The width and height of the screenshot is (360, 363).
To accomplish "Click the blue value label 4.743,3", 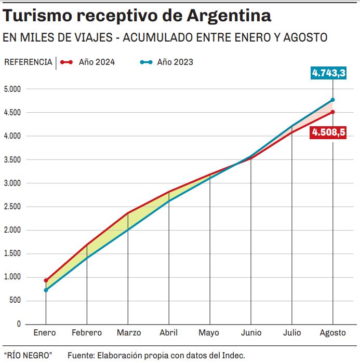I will click(x=329, y=73).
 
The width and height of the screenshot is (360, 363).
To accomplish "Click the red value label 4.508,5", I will click(x=328, y=132).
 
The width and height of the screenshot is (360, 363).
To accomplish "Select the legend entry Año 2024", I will click(x=97, y=62).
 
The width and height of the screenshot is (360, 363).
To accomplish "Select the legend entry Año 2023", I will click(x=175, y=62).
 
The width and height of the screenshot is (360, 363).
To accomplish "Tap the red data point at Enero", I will click(x=46, y=280).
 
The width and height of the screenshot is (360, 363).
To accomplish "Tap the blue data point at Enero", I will click(x=46, y=290).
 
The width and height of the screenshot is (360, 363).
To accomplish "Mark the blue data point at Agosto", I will click(x=332, y=100).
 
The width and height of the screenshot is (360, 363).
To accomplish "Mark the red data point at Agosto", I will click(x=332, y=112).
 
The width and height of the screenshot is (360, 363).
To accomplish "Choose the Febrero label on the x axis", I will click(x=87, y=333).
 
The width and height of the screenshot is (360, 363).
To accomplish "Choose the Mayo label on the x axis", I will click(x=209, y=333).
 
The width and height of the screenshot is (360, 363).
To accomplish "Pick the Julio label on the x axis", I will click(x=291, y=333).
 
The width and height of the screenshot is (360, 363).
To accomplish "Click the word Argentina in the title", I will click(x=229, y=16).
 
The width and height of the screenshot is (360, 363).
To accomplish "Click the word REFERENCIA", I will click(x=28, y=62).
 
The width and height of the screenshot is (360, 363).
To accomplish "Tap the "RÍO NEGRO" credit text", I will click(x=28, y=355).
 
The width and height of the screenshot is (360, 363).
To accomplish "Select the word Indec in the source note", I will click(x=233, y=355).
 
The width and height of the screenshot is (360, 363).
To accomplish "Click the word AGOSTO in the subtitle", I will click(x=304, y=38).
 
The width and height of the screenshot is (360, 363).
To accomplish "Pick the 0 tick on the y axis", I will click(x=19, y=324).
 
